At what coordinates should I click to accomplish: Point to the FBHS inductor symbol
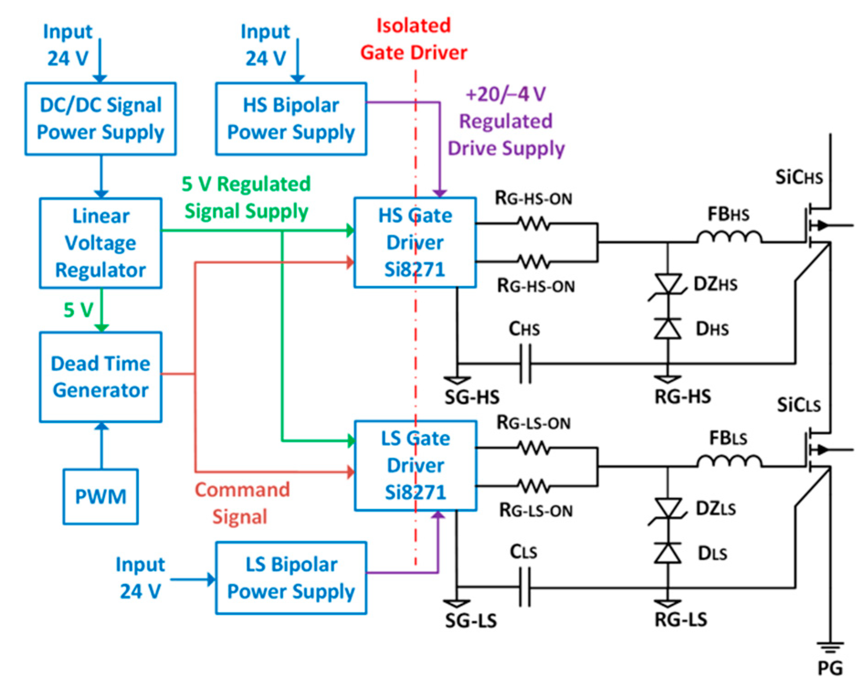coord(729,237)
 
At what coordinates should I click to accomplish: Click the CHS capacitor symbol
coord(525,364)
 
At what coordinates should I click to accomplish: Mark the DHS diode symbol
coord(668,328)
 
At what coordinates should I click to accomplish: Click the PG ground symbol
coord(830,647)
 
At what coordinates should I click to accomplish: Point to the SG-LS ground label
coord(471,620)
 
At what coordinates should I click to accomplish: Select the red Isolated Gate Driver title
coord(414,39)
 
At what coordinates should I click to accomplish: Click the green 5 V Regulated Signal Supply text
coord(246,197)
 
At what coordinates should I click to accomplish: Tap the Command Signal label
coord(242,503)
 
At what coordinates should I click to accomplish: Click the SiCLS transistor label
coord(799,405)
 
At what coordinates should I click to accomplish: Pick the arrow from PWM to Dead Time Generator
coord(101,445)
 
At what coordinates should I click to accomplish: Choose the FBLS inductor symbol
coord(729,461)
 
